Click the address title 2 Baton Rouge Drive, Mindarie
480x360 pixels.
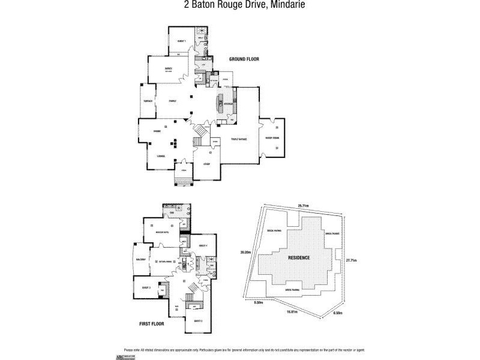tap(239, 5)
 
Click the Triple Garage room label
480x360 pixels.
tap(239, 139)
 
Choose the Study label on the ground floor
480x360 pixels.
tap(206, 163)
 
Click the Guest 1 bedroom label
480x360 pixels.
tap(181, 41)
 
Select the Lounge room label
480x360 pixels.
tap(160, 155)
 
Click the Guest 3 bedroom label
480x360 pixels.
tap(145, 287)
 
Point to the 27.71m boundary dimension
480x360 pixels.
tap(352, 260)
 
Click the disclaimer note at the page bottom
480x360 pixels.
tap(240, 349)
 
